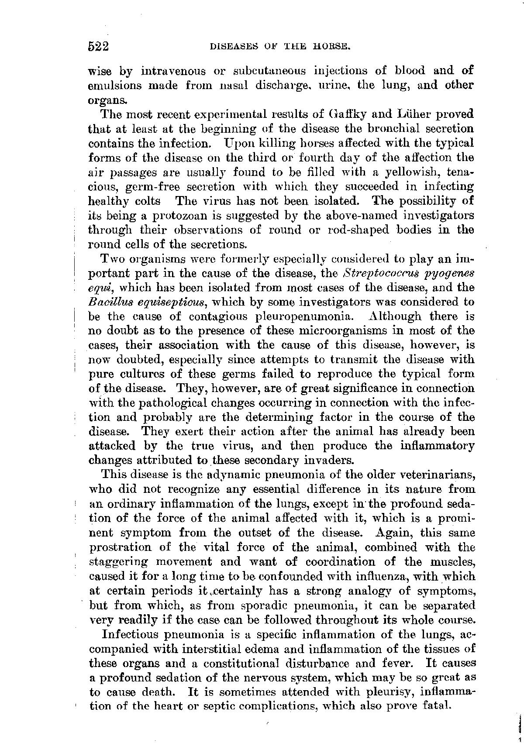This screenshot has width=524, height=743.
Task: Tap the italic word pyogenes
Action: pos(445,274)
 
